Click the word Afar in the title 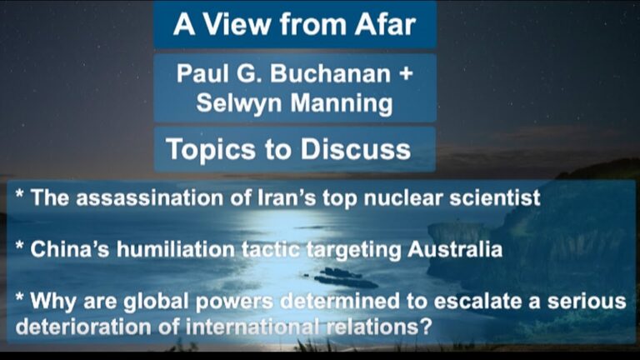(385, 24)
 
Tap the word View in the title (237, 24)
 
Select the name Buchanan (330, 73)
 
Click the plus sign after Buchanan (405, 74)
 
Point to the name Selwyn (239, 102)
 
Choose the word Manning (341, 102)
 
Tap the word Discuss (356, 149)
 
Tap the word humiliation (176, 249)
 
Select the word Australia (455, 249)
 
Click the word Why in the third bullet (53, 301)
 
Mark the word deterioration (83, 327)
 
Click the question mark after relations (426, 327)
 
